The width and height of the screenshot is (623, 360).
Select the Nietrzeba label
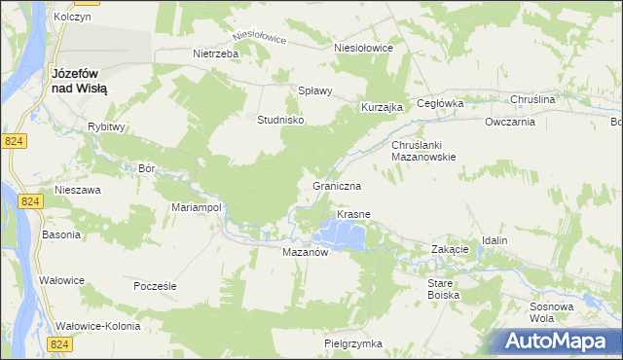(216, 54)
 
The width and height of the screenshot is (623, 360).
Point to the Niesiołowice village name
(363, 47)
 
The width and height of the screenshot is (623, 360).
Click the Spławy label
(315, 90)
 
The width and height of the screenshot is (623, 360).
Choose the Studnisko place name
(281, 120)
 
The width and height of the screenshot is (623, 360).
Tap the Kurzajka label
(382, 107)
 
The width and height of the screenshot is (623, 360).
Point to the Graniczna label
(338, 185)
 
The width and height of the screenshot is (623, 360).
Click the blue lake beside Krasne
(343, 233)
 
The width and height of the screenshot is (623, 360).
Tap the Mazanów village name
(309, 251)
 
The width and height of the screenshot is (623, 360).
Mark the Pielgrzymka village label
(353, 343)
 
